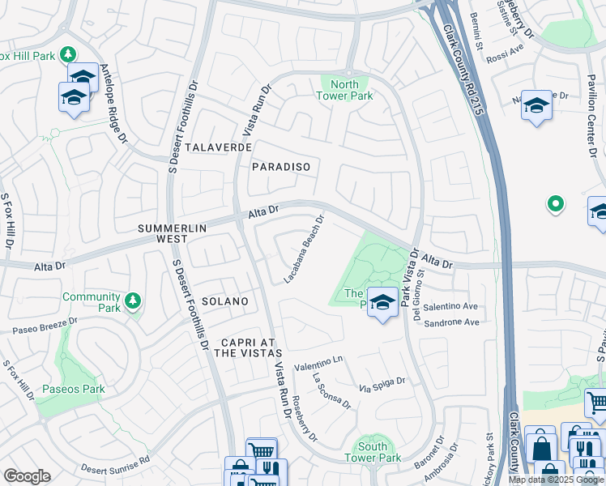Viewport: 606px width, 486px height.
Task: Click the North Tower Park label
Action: coord(345,89)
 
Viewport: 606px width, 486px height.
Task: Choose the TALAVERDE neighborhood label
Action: coord(215,147)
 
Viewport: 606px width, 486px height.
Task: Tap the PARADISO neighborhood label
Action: coord(281,166)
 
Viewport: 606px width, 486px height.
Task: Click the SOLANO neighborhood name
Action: coord(225,301)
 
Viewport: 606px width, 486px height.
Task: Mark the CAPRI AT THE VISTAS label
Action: coord(248,347)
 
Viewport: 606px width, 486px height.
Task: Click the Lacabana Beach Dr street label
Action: coord(304,248)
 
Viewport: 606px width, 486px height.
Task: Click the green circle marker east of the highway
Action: coord(555,204)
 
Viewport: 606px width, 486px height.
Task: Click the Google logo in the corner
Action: coord(27,476)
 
